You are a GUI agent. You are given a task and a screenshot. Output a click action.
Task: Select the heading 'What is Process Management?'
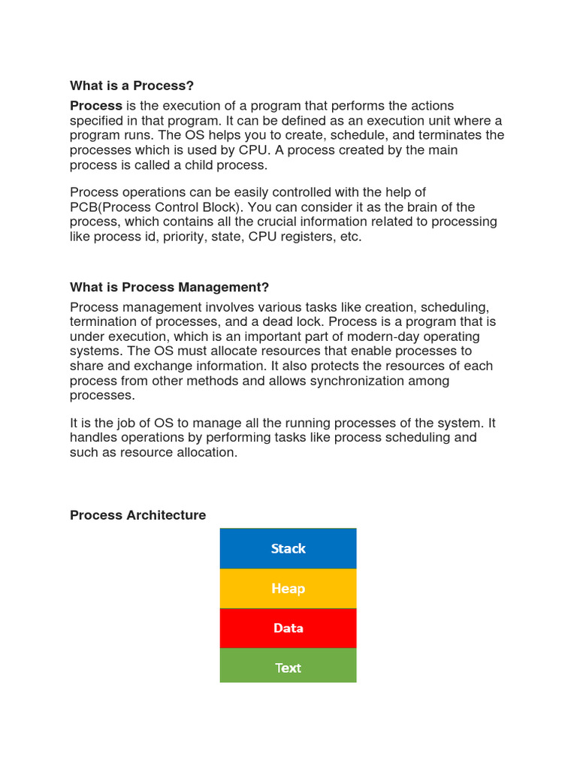(169, 288)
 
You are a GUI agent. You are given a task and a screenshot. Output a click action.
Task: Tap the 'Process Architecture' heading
(137, 515)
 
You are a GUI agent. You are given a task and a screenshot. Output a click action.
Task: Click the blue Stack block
(288, 548)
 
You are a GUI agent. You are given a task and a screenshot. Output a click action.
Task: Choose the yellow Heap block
(288, 589)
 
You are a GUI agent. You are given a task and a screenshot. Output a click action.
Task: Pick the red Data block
(288, 629)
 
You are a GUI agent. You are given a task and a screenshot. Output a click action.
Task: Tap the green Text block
(288, 668)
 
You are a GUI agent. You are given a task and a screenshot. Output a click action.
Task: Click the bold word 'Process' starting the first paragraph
(95, 106)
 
